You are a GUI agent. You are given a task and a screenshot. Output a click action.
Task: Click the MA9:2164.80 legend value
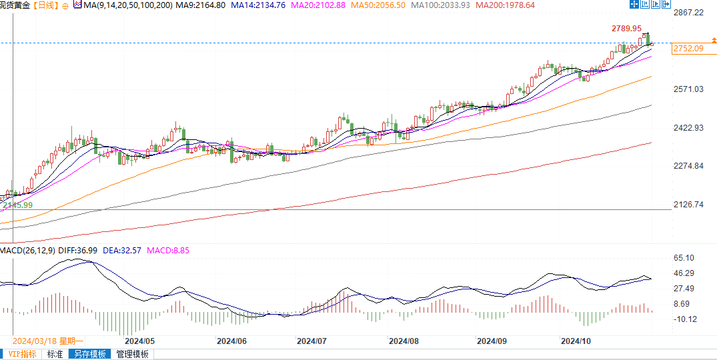coord(197,5)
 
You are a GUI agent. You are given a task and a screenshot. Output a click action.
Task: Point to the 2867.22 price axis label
coord(688,13)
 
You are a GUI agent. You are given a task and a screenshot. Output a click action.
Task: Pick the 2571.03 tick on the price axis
coord(688,89)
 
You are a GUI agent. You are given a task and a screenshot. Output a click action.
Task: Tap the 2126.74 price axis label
coord(688,205)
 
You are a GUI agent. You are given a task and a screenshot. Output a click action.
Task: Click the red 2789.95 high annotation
coord(626,29)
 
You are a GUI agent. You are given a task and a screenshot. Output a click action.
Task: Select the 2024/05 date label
coord(135,341)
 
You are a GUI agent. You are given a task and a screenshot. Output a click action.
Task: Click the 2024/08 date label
coord(404,341)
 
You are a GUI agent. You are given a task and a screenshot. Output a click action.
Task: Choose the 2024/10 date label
coord(576,341)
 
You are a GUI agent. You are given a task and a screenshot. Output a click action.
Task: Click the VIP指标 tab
coord(22,354)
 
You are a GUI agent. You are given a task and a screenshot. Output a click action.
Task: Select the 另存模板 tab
coord(89,354)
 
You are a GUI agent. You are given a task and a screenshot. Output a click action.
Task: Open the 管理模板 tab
coord(131,354)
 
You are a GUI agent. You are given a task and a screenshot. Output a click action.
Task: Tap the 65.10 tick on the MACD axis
coord(684,258)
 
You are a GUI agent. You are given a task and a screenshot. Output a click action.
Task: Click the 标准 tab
coord(55,354)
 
